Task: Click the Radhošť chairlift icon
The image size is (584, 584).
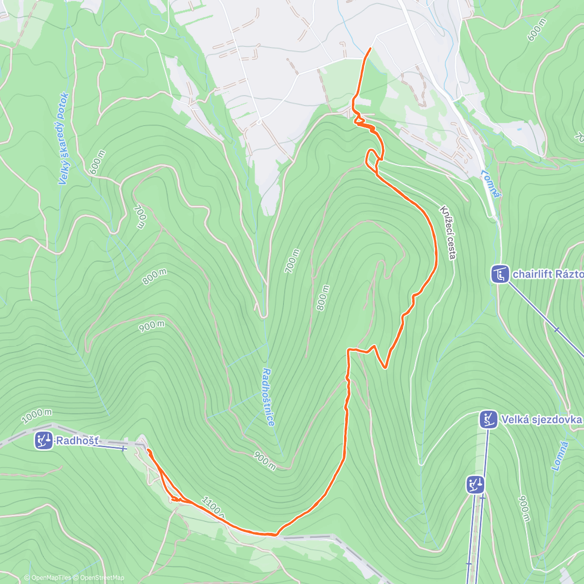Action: (x=44, y=441)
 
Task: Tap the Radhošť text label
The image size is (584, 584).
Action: (x=77, y=441)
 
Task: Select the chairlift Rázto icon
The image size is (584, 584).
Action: (x=500, y=274)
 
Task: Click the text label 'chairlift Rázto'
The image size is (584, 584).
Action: (x=547, y=274)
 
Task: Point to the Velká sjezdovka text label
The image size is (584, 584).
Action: (x=541, y=420)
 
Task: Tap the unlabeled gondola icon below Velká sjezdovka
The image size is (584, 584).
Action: (x=475, y=485)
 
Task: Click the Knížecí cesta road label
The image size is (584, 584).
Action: (x=448, y=232)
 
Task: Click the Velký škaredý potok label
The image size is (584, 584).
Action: (x=64, y=139)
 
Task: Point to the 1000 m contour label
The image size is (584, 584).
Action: (x=37, y=416)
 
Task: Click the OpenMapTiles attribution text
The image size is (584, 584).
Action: (x=48, y=578)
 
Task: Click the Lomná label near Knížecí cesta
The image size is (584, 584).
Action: (x=491, y=183)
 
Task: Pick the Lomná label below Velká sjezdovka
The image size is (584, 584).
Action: (x=560, y=456)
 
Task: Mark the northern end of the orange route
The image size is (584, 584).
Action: (x=371, y=49)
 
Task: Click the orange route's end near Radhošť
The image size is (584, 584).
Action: (x=148, y=451)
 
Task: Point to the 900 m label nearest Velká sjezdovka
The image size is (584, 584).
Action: (x=524, y=509)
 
